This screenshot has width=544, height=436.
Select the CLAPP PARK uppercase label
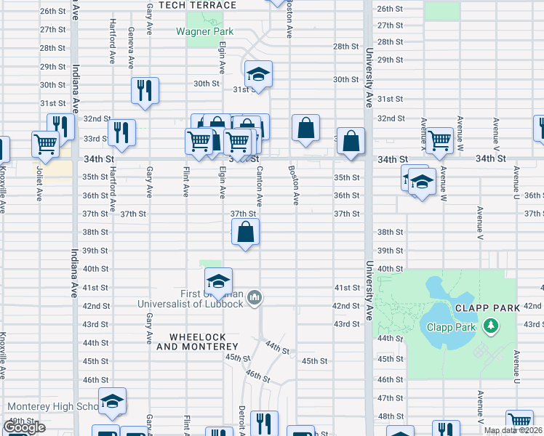pyautogui.click(x=487, y=307)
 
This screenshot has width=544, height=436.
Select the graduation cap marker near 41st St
pyautogui.click(x=217, y=281)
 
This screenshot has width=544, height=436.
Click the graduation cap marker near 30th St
pyautogui.click(x=257, y=74)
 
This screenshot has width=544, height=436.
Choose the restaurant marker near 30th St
pyautogui.click(x=144, y=91)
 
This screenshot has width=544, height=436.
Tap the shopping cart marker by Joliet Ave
pyautogui.click(x=46, y=143)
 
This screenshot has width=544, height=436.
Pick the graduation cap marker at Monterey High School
pyautogui.click(x=112, y=401)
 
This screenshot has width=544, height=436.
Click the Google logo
pyautogui.click(x=24, y=428)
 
